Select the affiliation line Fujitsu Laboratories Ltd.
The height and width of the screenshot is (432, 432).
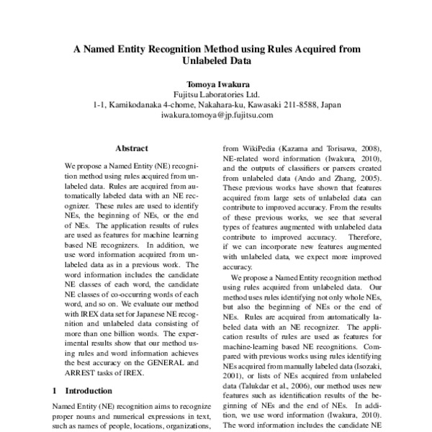217,94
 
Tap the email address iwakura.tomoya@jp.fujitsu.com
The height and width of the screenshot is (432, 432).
217,114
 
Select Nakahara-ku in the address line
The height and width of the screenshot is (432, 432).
217,104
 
